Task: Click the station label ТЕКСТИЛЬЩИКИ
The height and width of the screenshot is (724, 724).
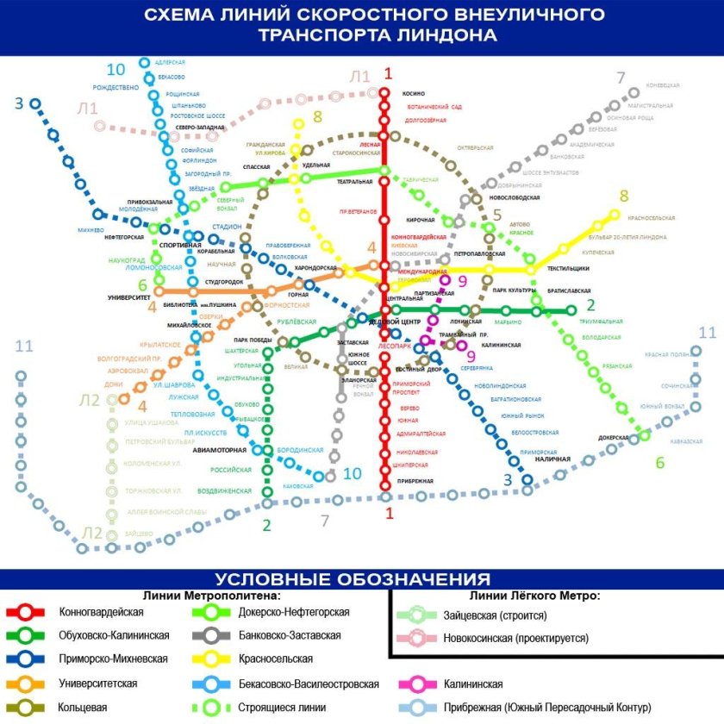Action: tap(568, 268)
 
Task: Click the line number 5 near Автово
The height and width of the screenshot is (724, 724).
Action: tap(496, 214)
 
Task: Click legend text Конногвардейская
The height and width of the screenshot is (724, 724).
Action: tap(101, 612)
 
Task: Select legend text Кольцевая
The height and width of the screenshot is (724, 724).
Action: tap(84, 708)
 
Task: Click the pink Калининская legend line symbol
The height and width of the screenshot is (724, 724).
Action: tap(417, 684)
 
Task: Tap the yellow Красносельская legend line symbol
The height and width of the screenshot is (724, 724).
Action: tap(209, 660)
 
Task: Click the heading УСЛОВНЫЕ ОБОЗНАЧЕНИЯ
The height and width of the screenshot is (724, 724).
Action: tap(353, 579)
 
